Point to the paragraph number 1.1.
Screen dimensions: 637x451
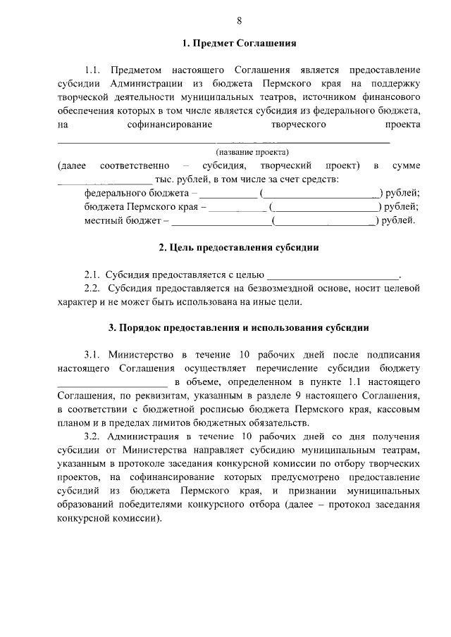point(94,71)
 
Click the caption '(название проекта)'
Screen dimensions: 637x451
point(252,152)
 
